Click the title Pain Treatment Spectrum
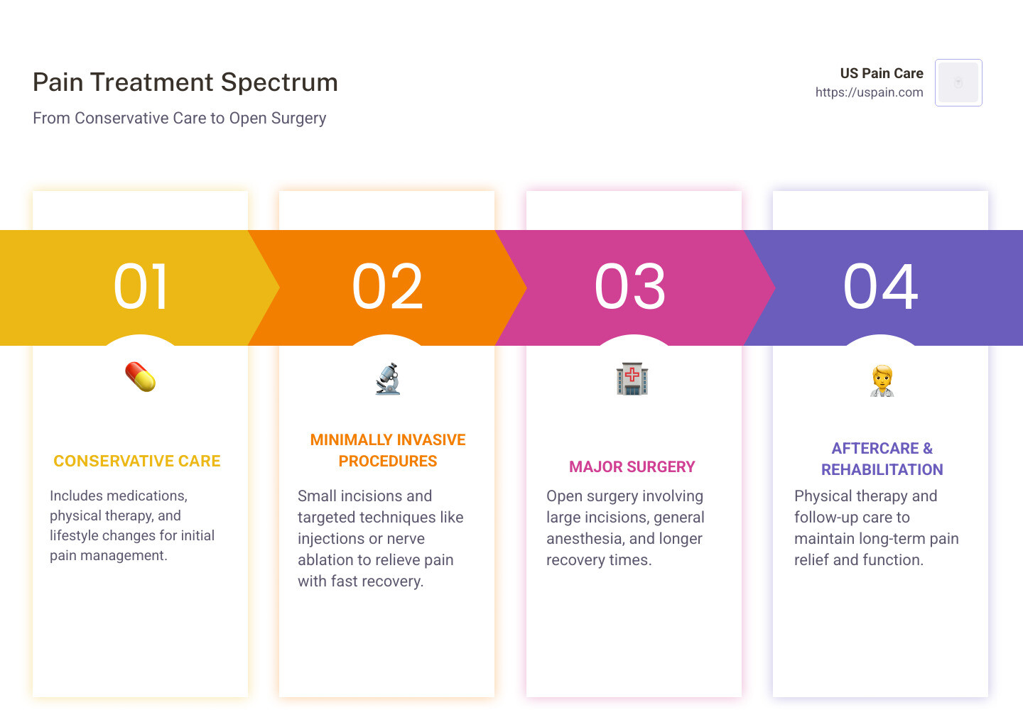coord(185,82)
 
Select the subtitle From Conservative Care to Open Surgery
coord(180,118)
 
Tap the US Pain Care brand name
coord(881,73)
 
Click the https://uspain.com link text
coord(869,92)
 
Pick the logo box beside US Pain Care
coord(958,82)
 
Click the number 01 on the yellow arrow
coord(141,287)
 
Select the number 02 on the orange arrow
coord(388,287)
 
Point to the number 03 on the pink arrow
coord(631,287)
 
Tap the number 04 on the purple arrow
coord(881,287)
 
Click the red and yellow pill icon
coord(141,377)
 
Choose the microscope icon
coord(388,379)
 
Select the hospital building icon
coord(632,379)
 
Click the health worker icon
coord(882,381)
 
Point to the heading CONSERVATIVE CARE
coord(137,461)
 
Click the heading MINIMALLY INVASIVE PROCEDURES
coord(388,451)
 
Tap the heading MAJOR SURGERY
coord(632,467)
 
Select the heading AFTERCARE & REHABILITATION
coord(882,459)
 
